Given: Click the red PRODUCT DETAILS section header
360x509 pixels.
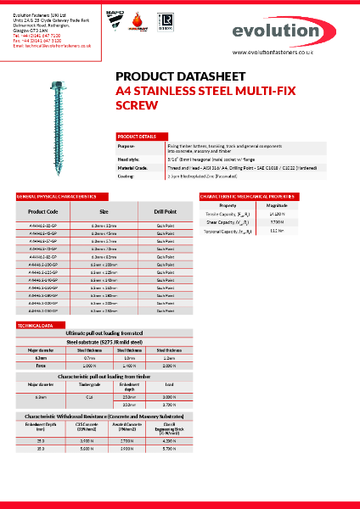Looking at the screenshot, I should coord(137,137).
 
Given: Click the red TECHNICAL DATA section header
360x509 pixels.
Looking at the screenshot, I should coord(37,325).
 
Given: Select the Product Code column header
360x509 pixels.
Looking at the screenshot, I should coord(42,211).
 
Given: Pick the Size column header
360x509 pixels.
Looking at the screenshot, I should coord(104,211).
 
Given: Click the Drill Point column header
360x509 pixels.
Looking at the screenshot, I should coord(165,211).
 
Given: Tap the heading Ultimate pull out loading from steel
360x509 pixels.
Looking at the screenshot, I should coord(103,333).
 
